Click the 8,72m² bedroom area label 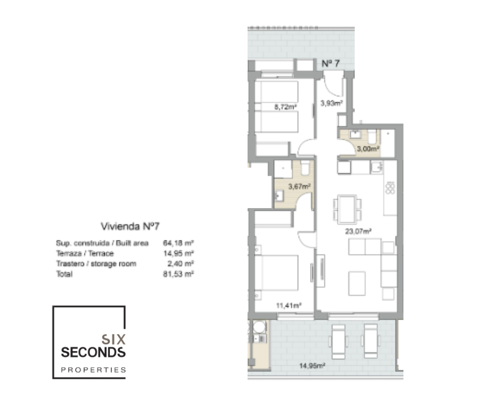[285, 107]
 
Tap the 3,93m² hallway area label [332, 103]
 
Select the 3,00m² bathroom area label [368, 149]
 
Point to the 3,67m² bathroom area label [299, 187]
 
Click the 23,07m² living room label [358, 232]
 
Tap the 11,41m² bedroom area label [289, 305]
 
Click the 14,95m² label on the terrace [312, 366]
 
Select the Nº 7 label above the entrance [330, 64]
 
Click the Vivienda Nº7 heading [130, 226]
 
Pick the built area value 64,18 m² [178, 243]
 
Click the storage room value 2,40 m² [180, 264]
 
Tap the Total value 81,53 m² [178, 274]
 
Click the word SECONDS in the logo [93, 353]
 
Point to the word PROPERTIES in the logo [93, 370]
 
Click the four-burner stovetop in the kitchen [390, 187]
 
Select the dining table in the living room [347, 210]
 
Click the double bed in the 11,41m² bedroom [276, 273]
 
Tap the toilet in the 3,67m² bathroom [305, 168]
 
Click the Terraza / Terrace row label [85, 253]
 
